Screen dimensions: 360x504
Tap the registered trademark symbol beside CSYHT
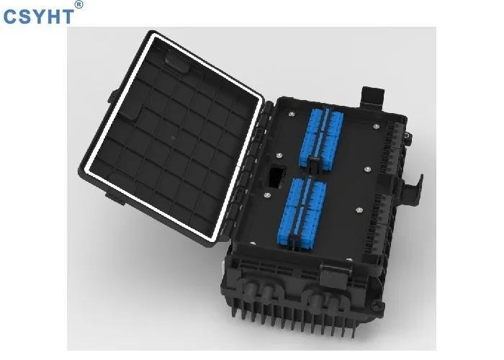pyautogui.click(x=79, y=5)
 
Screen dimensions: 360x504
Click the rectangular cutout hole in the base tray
pyautogui.click(x=275, y=176)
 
